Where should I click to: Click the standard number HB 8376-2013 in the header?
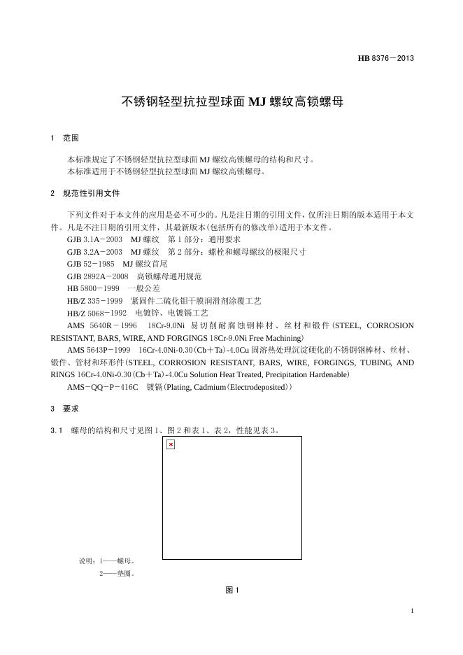(386, 57)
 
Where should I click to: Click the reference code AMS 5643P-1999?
(99, 350)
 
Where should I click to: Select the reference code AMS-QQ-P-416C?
(102, 387)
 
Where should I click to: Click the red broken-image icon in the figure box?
(171, 444)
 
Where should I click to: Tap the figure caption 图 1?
(232, 591)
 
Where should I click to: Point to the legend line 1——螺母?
(116, 561)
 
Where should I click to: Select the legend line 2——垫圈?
(116, 574)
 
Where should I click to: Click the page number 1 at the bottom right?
(413, 612)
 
